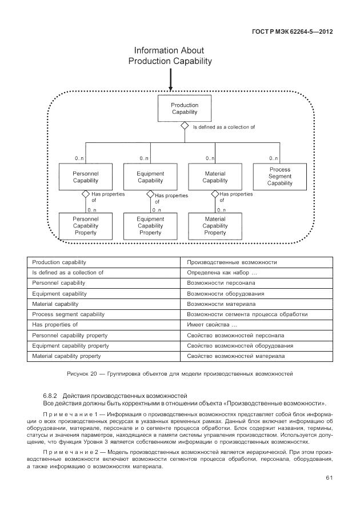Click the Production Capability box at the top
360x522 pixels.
(x=185, y=109)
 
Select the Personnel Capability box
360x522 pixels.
(x=86, y=177)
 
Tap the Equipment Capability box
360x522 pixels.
(x=150, y=177)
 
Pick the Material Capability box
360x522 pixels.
(x=215, y=177)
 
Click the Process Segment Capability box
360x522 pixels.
(x=279, y=177)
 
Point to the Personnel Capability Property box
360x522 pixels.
(x=86, y=226)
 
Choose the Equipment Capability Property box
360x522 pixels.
(x=150, y=226)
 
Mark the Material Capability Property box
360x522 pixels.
(x=215, y=226)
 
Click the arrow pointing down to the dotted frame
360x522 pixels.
(x=170, y=80)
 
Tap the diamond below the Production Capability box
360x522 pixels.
(x=185, y=126)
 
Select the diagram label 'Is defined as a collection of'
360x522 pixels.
(x=223, y=127)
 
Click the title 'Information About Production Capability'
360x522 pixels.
(x=170, y=56)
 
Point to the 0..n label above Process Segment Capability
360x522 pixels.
(x=274, y=158)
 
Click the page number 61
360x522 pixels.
(x=329, y=478)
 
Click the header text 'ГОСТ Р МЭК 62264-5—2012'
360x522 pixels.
(x=292, y=31)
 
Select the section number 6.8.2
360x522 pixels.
(x=51, y=396)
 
